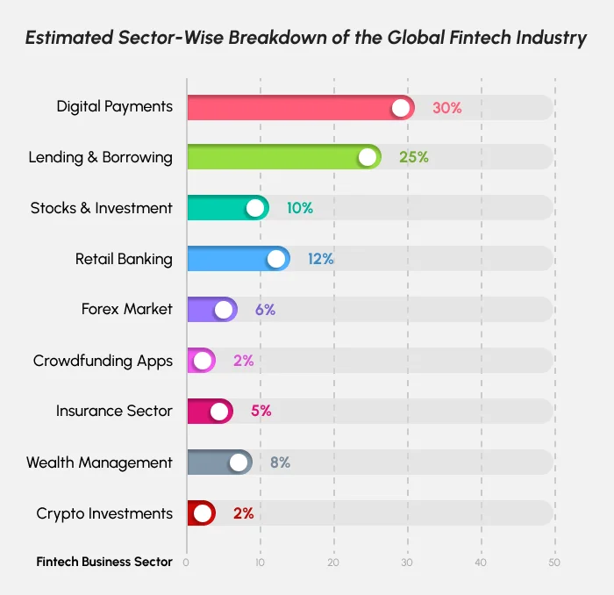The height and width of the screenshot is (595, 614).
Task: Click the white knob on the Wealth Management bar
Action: [238, 462]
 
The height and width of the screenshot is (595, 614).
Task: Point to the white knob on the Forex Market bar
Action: [224, 310]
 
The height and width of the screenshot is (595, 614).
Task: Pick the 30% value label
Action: [446, 108]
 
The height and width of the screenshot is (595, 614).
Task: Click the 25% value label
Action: [413, 158]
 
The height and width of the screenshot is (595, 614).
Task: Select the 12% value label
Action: [320, 259]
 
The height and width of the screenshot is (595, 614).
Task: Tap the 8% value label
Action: [280, 462]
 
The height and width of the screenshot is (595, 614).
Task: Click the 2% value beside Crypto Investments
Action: [243, 513]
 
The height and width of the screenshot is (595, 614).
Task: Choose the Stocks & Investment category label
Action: [102, 209]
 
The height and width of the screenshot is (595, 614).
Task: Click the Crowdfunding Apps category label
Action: [103, 361]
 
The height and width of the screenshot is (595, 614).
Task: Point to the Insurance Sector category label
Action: [114, 412]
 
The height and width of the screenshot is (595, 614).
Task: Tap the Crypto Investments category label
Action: [104, 513]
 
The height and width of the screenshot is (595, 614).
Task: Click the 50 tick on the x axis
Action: [553, 563]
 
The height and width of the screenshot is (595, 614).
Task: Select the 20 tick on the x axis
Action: [333, 563]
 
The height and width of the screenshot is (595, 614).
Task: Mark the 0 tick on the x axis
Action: [186, 563]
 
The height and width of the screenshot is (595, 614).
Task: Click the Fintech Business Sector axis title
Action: [104, 563]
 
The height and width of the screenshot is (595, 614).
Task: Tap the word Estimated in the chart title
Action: [69, 38]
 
